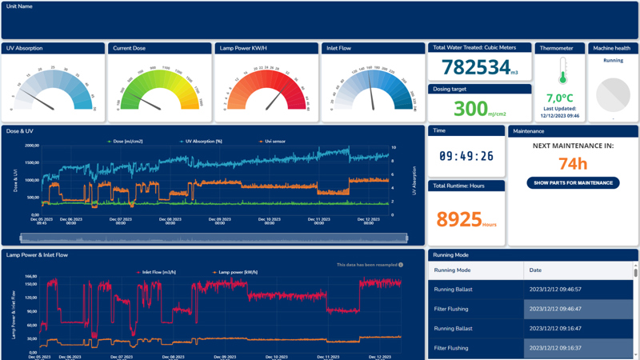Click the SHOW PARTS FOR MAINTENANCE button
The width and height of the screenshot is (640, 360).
coord(573,182)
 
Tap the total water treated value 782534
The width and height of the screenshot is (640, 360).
coord(477,67)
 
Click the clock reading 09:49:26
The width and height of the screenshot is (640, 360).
coord(466,156)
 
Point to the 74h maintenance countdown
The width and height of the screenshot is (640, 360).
coord(573,164)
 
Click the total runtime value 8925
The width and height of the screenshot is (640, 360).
coord(459,219)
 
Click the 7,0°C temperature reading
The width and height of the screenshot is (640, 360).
coord(560,98)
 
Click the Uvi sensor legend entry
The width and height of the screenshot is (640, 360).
coord(271,141)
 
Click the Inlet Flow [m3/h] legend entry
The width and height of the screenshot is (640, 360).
coord(155,272)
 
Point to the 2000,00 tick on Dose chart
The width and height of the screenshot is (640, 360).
coord(31,146)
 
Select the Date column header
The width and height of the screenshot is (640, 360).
coord(535,270)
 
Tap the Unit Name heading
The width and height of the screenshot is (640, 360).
coord(20,6)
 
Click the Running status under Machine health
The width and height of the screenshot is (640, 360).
coord(613,61)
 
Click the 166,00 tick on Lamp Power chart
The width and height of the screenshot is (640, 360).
coord(31,277)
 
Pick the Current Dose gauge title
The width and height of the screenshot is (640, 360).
coord(129,48)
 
